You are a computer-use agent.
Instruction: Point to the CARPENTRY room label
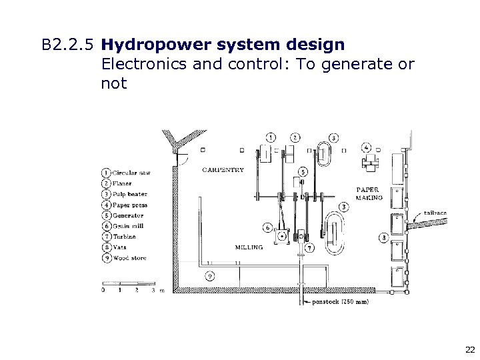pyautogui.click(x=223, y=169)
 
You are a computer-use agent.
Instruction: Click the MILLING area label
pyautogui.click(x=249, y=247)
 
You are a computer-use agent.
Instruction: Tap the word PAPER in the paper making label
pyautogui.click(x=367, y=189)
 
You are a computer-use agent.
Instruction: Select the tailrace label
pyautogui.click(x=434, y=213)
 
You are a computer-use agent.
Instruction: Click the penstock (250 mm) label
pyautogui.click(x=338, y=301)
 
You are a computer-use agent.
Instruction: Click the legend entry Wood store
pyautogui.click(x=130, y=258)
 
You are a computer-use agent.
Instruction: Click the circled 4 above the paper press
pyautogui.click(x=367, y=147)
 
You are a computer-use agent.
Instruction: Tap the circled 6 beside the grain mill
pyautogui.click(x=267, y=226)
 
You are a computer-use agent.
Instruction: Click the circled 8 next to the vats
pyautogui.click(x=383, y=237)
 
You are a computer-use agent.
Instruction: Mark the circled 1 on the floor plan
pyautogui.click(x=270, y=137)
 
